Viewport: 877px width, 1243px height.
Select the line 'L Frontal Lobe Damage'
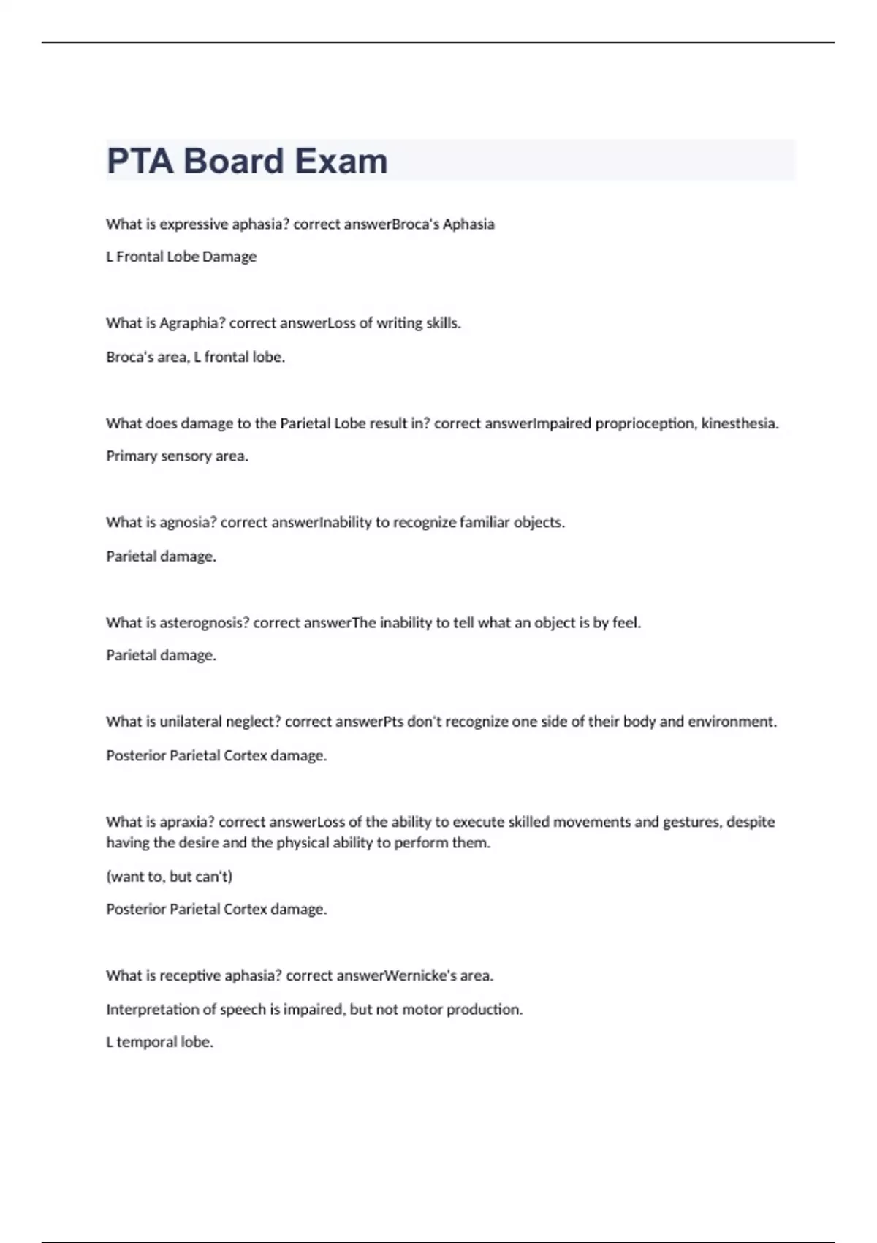[x=181, y=257]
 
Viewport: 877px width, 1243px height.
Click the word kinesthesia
[x=740, y=423]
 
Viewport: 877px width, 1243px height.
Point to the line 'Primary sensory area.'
[x=177, y=456]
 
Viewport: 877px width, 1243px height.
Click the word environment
[x=732, y=722]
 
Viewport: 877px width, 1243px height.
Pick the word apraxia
[x=186, y=822]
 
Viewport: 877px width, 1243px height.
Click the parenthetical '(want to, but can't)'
[x=169, y=876]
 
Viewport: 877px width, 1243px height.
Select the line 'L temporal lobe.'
[x=159, y=1042]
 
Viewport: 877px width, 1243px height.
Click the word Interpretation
[x=152, y=1010]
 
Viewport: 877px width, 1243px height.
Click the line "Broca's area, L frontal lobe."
[x=195, y=358]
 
